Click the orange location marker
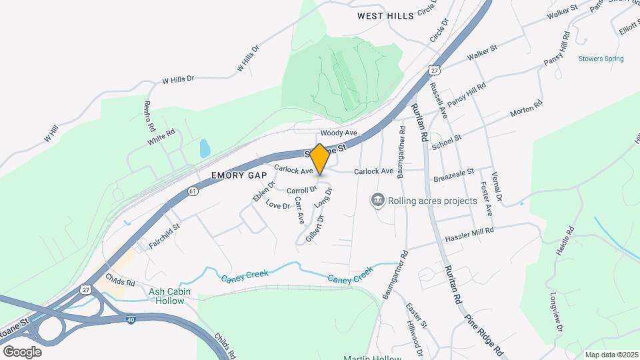320,159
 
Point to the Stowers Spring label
601,59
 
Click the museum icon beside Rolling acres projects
378,200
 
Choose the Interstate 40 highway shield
130,320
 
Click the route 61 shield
193,191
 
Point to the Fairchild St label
165,236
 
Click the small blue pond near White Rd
205,148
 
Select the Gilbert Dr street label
314,228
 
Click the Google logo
22,351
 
